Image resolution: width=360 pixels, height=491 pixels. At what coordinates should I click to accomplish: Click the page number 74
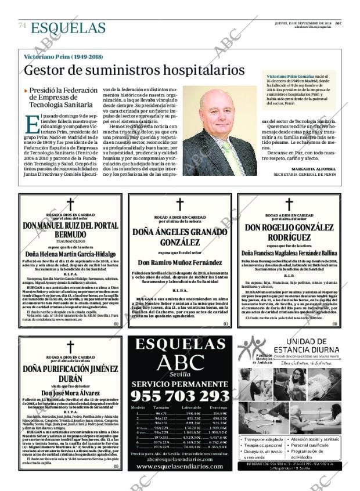[22, 26]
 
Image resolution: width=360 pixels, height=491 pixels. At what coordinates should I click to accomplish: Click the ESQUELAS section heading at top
[68, 27]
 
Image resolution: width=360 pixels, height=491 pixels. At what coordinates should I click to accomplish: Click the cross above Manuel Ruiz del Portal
[70, 204]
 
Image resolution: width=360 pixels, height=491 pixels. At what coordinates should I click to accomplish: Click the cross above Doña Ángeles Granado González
[180, 204]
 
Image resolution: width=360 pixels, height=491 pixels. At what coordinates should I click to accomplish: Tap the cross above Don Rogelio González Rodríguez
[289, 204]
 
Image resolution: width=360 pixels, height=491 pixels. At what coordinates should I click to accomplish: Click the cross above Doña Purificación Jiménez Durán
[70, 346]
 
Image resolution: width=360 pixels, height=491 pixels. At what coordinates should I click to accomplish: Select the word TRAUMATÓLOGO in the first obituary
[70, 241]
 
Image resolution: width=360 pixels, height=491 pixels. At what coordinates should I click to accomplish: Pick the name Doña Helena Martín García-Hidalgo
[70, 254]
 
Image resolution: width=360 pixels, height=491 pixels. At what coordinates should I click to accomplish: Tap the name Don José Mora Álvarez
[70, 392]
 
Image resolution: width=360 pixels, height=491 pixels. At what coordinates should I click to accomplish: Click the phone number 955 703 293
[179, 396]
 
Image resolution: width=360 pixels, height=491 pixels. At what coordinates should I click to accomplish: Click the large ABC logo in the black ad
[179, 362]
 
